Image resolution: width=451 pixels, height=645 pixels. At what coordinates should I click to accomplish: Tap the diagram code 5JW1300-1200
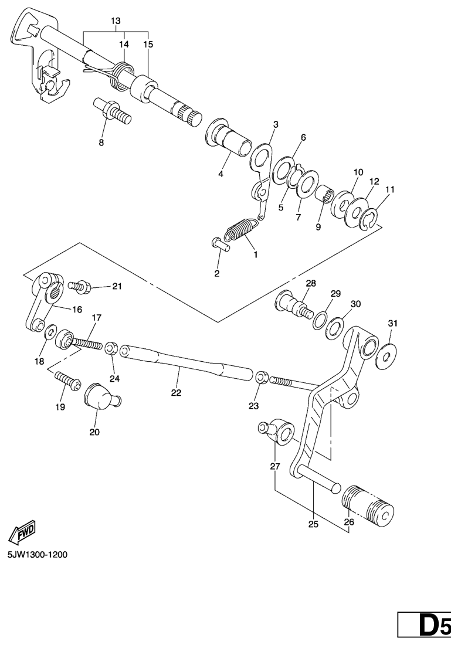pyautogui.click(x=37, y=555)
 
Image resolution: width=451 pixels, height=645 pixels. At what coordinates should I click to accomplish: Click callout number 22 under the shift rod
pyautogui.click(x=176, y=393)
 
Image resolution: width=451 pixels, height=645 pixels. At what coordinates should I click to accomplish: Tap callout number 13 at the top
pyautogui.click(x=116, y=21)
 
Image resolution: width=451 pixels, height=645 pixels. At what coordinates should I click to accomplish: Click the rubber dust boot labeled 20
pyautogui.click(x=102, y=396)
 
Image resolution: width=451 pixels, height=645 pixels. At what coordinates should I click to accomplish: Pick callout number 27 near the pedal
pyautogui.click(x=275, y=466)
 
